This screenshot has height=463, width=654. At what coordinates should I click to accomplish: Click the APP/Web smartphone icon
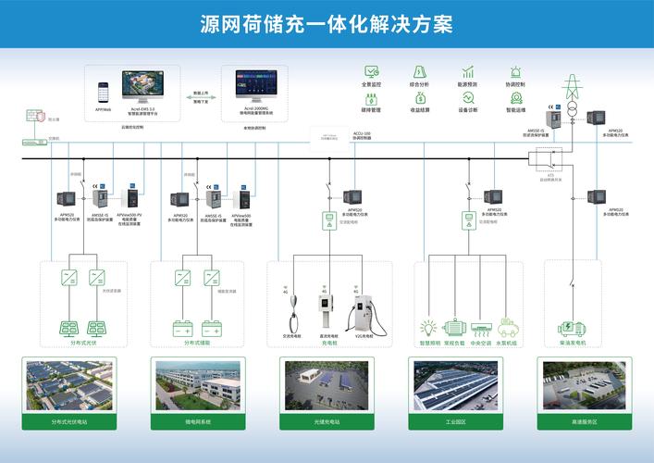tap(104, 94)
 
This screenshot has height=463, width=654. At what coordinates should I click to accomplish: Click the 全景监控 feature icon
tap(372, 71)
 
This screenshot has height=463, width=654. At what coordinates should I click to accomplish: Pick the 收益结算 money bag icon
tap(420, 97)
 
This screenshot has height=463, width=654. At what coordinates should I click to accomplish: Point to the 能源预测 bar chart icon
tap(468, 71)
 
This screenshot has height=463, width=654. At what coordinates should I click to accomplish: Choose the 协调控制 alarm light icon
tap(515, 71)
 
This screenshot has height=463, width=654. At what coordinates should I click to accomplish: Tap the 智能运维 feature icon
tap(515, 97)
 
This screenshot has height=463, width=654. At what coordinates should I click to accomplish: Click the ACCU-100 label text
tap(362, 133)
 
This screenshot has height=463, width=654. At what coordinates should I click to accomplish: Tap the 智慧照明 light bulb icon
tap(428, 327)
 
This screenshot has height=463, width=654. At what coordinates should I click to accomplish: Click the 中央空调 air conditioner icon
tap(482, 327)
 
